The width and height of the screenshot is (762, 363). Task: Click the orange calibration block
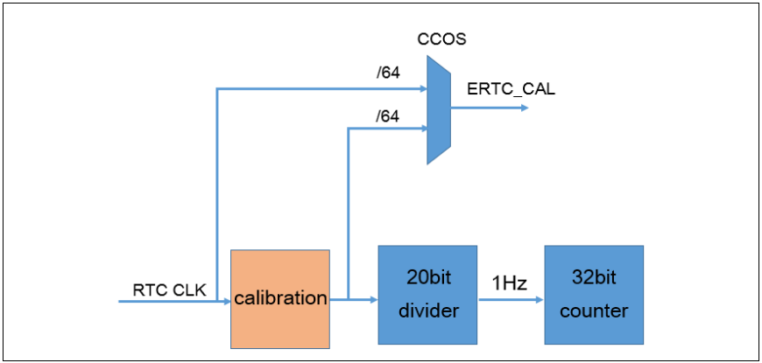coord(280,298)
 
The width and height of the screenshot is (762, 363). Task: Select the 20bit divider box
coord(427,295)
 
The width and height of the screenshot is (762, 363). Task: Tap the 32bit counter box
coord(594,295)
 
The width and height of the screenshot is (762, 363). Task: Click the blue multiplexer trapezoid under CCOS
coord(438,109)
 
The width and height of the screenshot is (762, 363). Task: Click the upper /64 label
coord(387,73)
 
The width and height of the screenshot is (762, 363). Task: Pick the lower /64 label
coord(387,115)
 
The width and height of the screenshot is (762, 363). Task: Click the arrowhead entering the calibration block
coord(226,301)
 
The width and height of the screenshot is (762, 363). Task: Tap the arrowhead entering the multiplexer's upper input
coord(422,87)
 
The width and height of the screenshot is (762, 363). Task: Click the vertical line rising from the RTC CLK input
coord(216,192)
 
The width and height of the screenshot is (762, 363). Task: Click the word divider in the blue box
coord(427,311)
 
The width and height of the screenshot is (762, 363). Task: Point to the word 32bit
coord(594,280)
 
